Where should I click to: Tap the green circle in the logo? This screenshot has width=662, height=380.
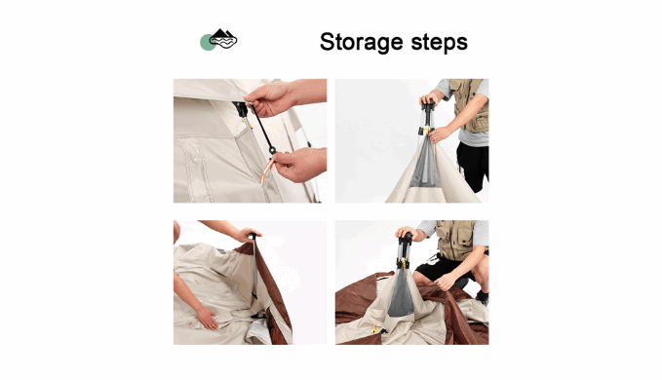coord(207,43)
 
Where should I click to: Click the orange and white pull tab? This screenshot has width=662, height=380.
coord(267,171)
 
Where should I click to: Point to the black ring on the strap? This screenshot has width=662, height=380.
coord(272,150)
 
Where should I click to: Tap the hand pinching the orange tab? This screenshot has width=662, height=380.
coord(299,165)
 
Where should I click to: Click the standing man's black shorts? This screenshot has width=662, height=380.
coord(474,165)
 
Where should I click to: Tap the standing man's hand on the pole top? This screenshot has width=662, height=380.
coord(428,99)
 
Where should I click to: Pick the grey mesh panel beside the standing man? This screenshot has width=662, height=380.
coord(425,164)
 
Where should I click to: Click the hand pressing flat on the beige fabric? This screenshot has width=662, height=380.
coord(207,318)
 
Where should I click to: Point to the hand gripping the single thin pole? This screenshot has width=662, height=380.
coord(249,234)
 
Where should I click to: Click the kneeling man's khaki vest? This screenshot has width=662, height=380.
coord(456,240)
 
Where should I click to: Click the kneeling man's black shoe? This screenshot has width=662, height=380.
coord(483,298)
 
